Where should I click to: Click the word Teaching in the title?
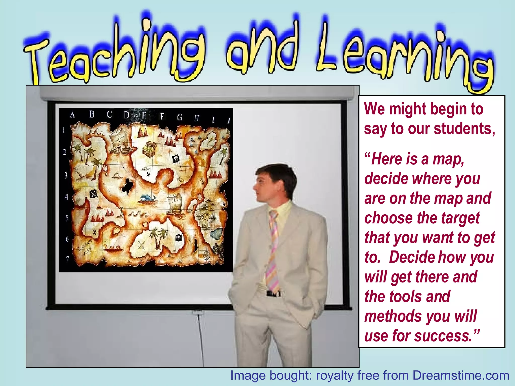(x=113, y=53)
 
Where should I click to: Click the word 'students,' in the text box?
(x=464, y=129)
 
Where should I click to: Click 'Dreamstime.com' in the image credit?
(x=461, y=376)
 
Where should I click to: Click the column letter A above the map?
(x=72, y=115)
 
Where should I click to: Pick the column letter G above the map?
(x=180, y=117)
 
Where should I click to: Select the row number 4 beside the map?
(x=66, y=197)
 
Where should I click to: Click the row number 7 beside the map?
(x=67, y=258)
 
